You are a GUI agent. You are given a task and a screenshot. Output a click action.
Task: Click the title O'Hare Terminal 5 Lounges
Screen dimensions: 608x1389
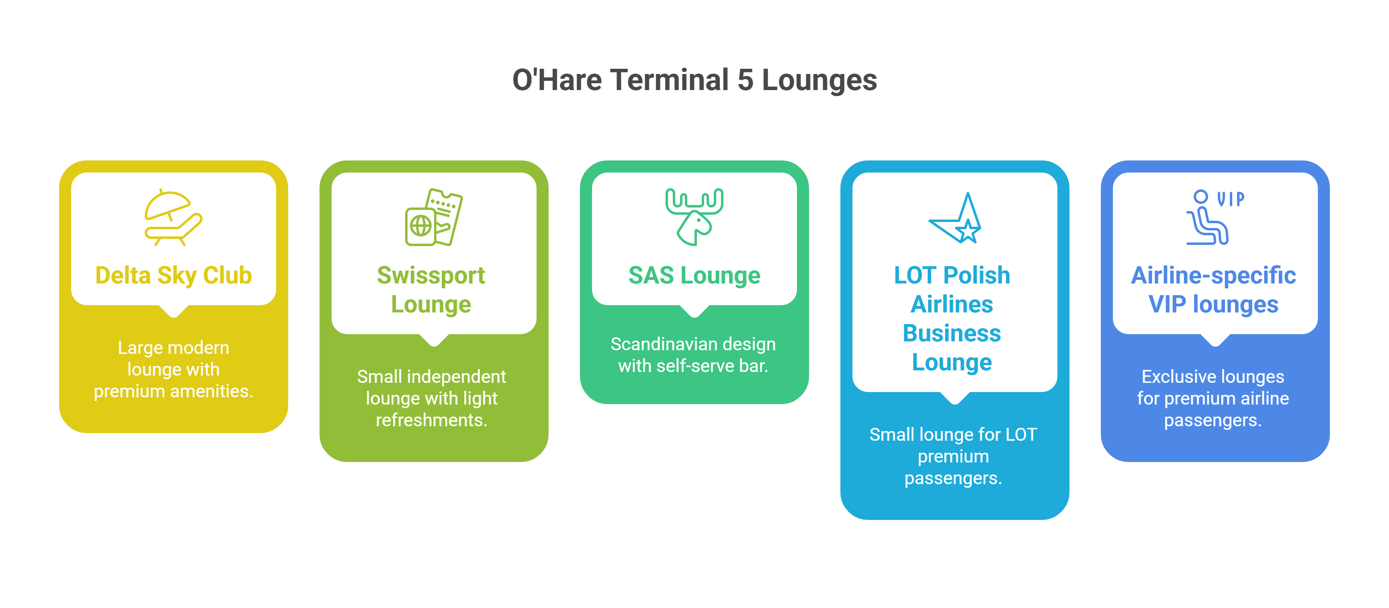(694, 80)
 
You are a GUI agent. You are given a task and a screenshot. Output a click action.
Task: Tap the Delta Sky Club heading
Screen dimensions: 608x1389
(173, 275)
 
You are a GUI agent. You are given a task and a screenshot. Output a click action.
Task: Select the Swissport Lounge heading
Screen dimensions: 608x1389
(431, 290)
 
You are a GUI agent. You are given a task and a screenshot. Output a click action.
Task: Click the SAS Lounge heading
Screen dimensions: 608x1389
(694, 275)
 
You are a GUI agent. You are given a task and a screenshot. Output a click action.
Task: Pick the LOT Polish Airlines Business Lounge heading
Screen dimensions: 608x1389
(952, 318)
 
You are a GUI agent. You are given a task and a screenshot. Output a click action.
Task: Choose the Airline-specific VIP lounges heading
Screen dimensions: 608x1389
(1213, 290)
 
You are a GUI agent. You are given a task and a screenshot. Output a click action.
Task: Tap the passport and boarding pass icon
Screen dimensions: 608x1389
(434, 218)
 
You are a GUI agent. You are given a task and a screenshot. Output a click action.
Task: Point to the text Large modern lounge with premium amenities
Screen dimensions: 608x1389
(173, 369)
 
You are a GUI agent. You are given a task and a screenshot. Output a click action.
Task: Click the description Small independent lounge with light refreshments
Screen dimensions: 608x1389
(431, 398)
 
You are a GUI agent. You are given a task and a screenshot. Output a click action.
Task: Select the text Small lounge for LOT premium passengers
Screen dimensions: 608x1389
(953, 456)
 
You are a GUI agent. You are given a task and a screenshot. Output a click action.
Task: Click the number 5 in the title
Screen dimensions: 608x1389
(745, 80)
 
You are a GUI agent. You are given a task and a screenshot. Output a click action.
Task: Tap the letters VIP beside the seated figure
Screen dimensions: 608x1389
(1231, 199)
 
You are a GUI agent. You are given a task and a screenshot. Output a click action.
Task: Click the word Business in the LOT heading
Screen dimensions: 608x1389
(952, 333)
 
